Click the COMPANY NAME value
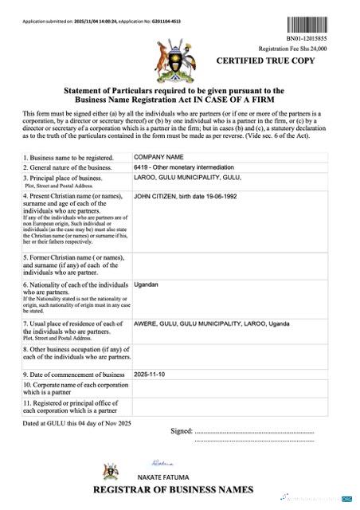(x=158, y=158)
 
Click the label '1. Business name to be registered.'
(x=68, y=158)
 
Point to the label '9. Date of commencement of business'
(x=74, y=375)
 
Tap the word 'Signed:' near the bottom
(x=182, y=430)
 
